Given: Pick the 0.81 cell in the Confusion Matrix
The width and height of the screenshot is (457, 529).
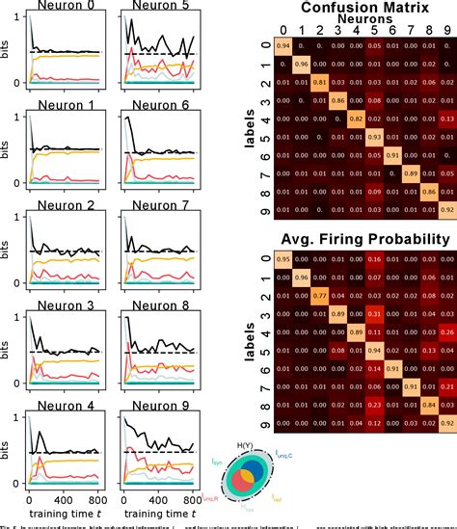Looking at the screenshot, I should [x=317, y=82].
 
